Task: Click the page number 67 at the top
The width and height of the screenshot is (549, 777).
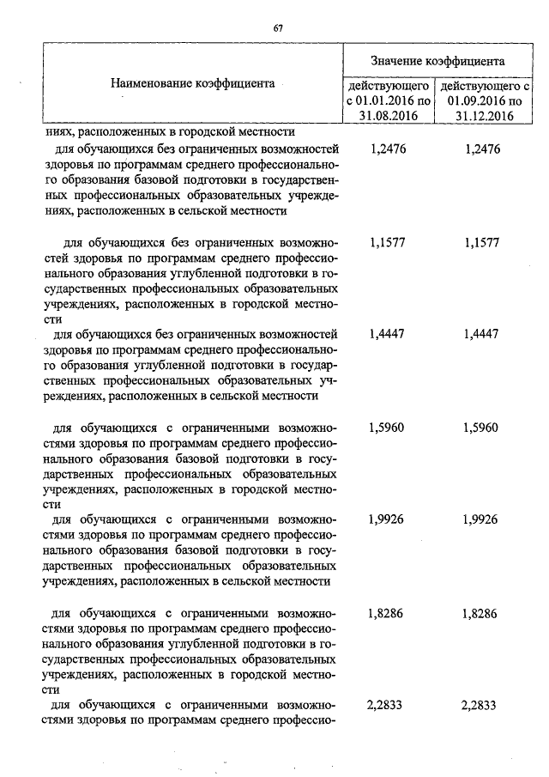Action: pos(278,28)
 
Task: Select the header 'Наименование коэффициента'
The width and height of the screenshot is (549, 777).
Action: pos(192,84)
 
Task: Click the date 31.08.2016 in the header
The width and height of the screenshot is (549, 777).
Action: pos(389,118)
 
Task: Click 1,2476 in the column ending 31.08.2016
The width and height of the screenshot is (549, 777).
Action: pos(387,149)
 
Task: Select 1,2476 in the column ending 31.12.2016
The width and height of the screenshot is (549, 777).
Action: pos(480,149)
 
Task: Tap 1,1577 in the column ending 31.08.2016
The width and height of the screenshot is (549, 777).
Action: pos(387,243)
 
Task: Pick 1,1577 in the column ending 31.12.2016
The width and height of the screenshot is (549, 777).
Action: pos(480,243)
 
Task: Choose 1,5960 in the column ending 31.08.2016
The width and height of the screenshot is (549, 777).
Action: pos(387,428)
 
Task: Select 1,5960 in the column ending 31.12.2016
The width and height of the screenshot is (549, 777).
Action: pos(480,428)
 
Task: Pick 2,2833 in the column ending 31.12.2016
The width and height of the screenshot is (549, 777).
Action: pos(480,705)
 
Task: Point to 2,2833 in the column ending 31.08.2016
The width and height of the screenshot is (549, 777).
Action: pos(387,705)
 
